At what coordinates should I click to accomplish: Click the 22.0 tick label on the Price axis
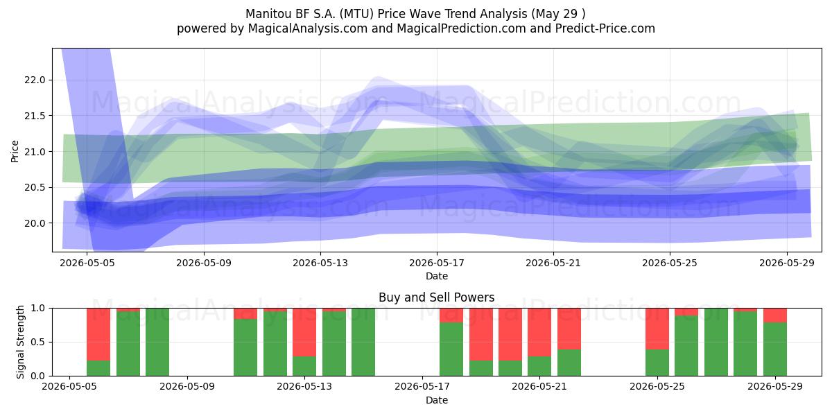point(35,80)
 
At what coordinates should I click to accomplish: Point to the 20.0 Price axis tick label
point(35,223)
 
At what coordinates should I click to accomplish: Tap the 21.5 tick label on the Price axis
point(35,116)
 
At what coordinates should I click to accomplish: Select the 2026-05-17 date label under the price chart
point(437,263)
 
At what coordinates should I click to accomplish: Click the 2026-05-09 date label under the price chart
point(204,263)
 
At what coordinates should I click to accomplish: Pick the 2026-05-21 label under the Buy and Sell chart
point(539,387)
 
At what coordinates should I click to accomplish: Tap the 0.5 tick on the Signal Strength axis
point(38,342)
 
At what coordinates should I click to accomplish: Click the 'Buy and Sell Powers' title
point(436,297)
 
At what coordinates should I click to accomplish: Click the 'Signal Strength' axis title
point(20,342)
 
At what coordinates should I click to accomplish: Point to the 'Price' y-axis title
point(15,151)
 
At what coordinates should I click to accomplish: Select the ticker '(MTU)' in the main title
point(356,14)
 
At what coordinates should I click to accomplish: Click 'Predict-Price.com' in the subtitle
point(605,28)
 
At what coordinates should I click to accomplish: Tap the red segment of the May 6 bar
point(98,334)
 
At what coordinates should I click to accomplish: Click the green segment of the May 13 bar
point(304,366)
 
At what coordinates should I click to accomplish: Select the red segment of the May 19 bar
point(481,334)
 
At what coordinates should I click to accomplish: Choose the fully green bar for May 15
point(363,342)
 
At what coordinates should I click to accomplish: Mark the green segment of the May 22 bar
point(569,363)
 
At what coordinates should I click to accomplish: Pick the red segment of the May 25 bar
point(657,329)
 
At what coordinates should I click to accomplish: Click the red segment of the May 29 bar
point(775,315)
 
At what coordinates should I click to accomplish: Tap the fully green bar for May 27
point(716,342)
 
